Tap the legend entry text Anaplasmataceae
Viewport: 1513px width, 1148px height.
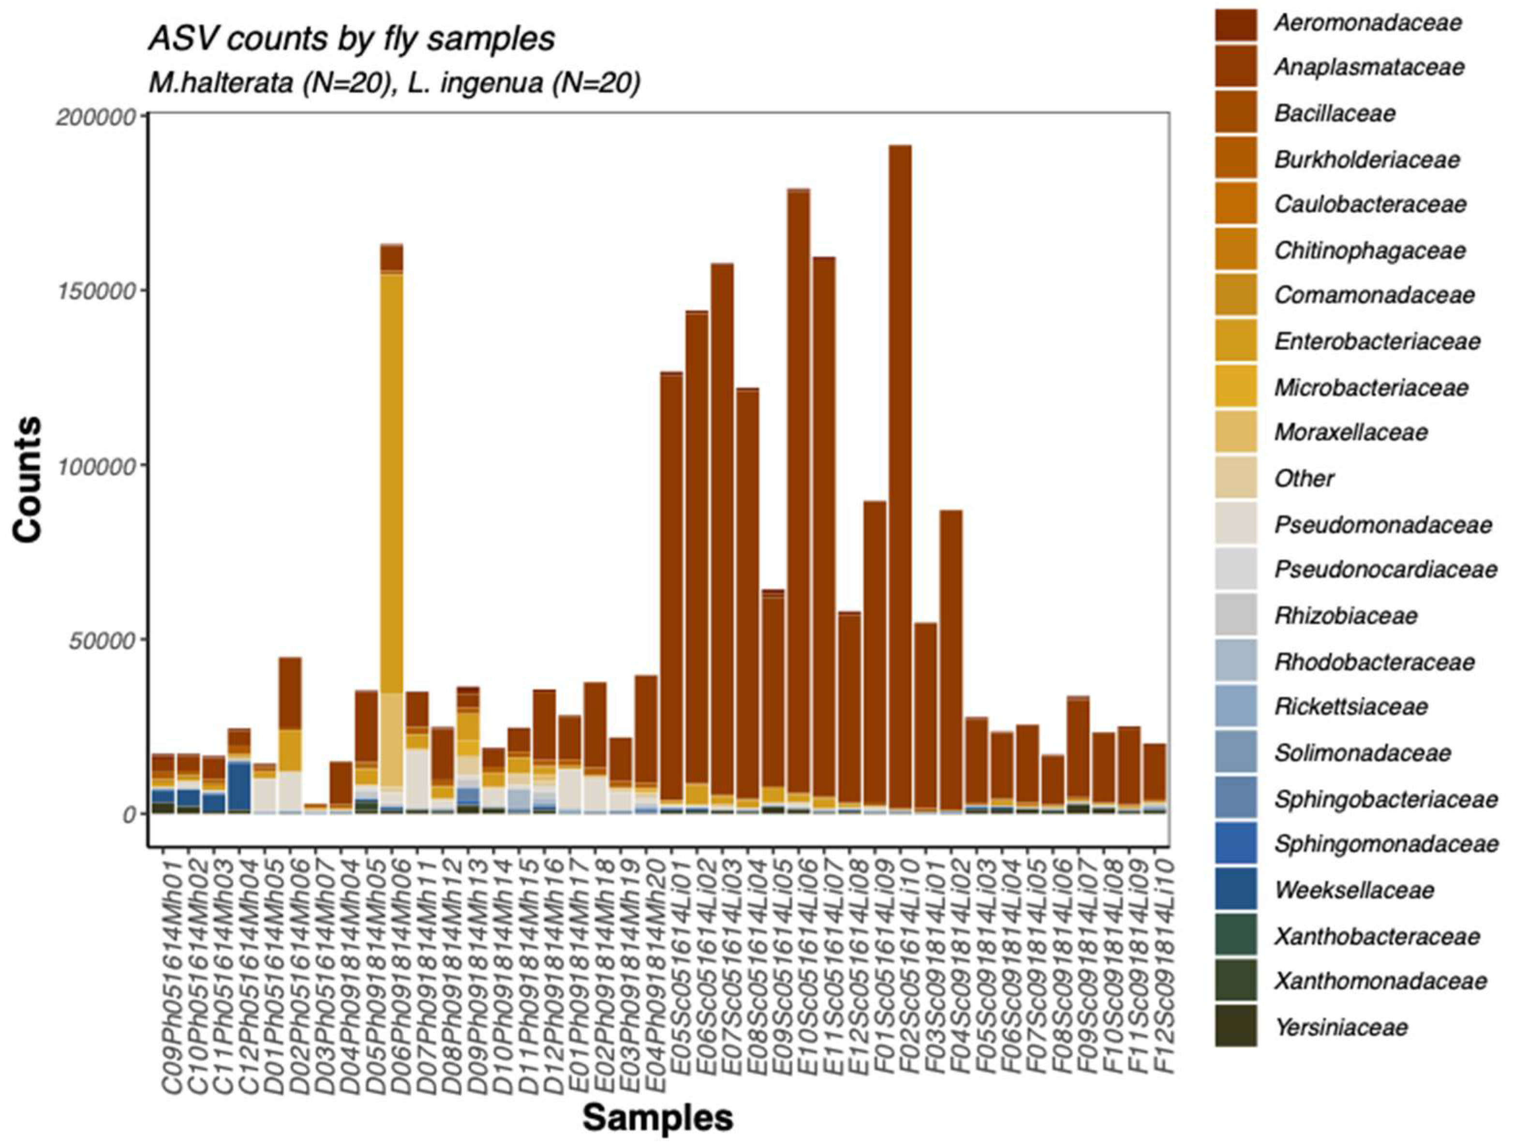(x=1369, y=67)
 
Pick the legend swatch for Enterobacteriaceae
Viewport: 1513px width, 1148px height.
(x=1235, y=340)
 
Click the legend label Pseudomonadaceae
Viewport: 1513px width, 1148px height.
(x=1382, y=524)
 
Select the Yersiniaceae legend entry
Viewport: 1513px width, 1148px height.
(x=1341, y=1027)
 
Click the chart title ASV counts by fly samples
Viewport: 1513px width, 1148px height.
(x=352, y=38)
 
